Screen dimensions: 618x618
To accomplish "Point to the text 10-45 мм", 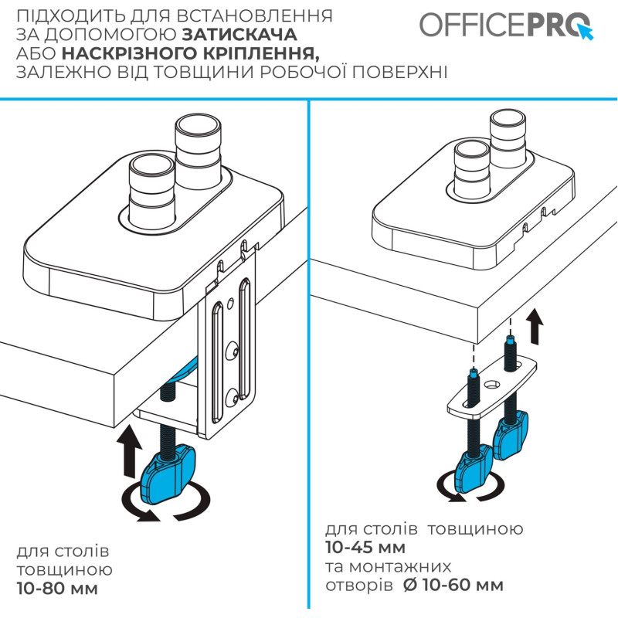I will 365,548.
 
